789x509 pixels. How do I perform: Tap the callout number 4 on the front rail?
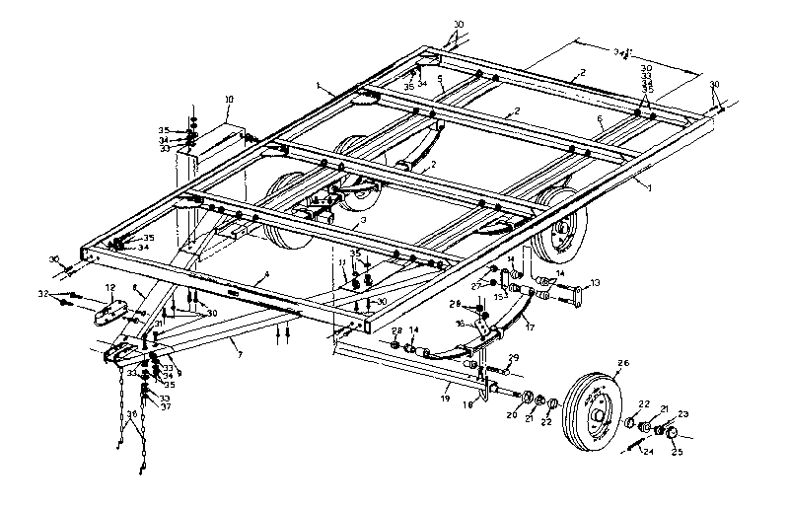(265, 273)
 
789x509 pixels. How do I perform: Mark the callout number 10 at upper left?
(229, 100)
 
